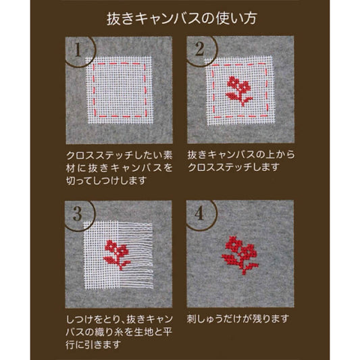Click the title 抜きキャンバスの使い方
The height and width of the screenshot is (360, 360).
click(x=182, y=19)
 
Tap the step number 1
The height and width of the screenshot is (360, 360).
click(x=78, y=50)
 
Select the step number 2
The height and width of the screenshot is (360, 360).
click(x=199, y=49)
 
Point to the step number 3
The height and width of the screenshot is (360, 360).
click(x=78, y=213)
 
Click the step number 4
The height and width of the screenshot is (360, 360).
click(x=199, y=213)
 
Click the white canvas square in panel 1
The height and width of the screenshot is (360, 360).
click(x=120, y=91)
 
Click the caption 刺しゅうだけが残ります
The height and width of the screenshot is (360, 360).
click(x=238, y=319)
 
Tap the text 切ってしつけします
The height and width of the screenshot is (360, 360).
click(x=106, y=180)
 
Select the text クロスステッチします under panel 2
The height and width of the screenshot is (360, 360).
click(x=234, y=168)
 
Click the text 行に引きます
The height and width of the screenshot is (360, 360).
click(x=93, y=344)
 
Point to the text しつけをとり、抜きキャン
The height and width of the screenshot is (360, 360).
click(x=119, y=319)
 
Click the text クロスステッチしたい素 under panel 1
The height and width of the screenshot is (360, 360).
click(x=119, y=155)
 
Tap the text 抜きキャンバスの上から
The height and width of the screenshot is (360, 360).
click(x=241, y=155)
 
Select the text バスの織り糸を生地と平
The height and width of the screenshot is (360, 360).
click(x=119, y=332)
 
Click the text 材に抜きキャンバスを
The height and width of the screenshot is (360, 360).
click(x=119, y=168)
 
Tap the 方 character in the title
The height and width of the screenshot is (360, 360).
click(x=250, y=19)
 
